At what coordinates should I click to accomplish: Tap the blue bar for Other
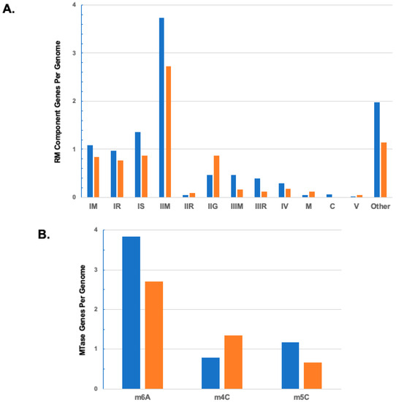pyautogui.click(x=376, y=150)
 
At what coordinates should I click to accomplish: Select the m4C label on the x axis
pyautogui.click(x=221, y=396)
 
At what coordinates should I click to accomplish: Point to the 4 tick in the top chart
pyautogui.click(x=73, y=5)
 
